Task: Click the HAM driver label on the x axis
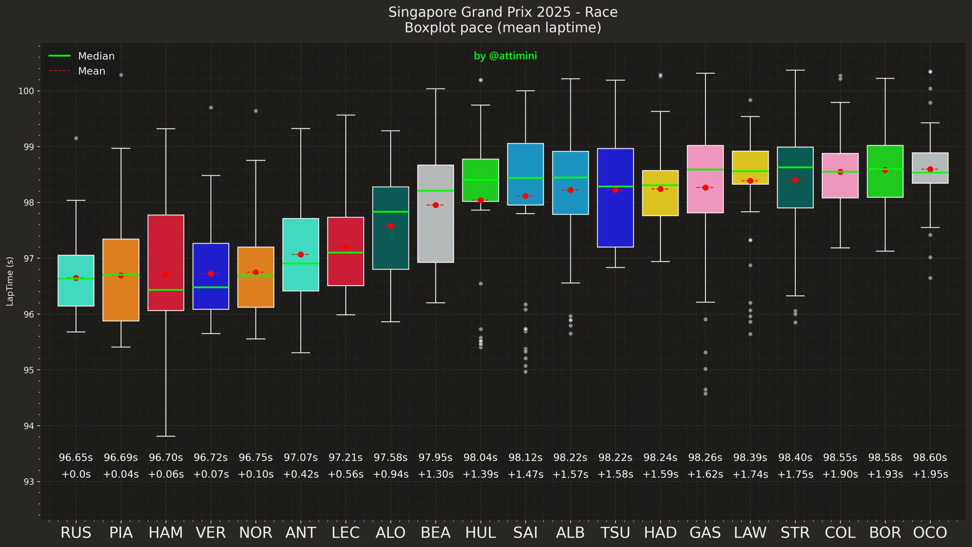tap(166, 533)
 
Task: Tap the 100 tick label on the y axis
tap(26, 91)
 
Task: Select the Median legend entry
tap(96, 56)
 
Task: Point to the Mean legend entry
tap(92, 71)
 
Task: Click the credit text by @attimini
tap(505, 56)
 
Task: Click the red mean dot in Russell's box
tap(76, 278)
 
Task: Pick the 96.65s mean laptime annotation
tap(76, 458)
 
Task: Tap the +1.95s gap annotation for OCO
tap(930, 474)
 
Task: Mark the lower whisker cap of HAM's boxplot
tap(166, 436)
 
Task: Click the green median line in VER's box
tap(211, 287)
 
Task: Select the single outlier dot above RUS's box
tap(76, 138)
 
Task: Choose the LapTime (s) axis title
tap(10, 281)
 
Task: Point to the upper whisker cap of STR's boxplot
tap(795, 70)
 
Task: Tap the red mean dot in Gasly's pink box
tap(705, 187)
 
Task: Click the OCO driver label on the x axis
tap(930, 533)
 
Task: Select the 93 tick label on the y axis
tap(29, 482)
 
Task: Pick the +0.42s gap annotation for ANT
tap(300, 474)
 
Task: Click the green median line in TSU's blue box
tap(615, 186)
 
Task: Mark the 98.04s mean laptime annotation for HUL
tap(480, 458)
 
